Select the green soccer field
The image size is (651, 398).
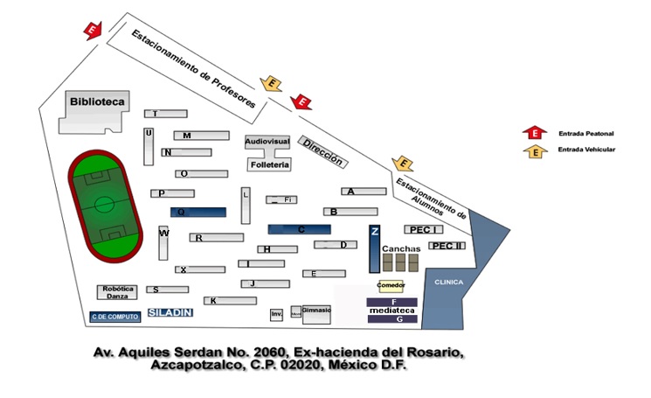[x=104, y=206]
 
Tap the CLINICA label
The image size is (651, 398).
[x=448, y=282]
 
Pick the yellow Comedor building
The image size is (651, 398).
[x=391, y=286]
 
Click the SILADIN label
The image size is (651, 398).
[x=170, y=311]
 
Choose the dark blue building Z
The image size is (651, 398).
[x=374, y=249]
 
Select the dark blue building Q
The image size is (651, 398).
[x=197, y=212]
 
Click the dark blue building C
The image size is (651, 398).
[x=299, y=229]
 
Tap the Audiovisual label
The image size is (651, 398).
[x=267, y=140]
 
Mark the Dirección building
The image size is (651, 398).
[x=321, y=151]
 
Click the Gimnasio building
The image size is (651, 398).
[x=317, y=311]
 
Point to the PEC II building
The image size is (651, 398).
[x=447, y=246]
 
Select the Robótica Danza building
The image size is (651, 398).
[x=117, y=292]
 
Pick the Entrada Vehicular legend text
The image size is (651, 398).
[x=586, y=150]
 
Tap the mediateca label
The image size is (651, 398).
[x=391, y=310]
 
